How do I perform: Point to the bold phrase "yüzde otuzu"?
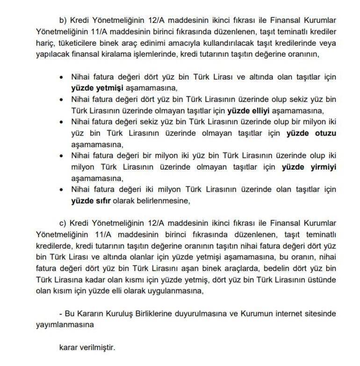[312, 133]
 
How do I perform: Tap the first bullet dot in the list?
[61, 77]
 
